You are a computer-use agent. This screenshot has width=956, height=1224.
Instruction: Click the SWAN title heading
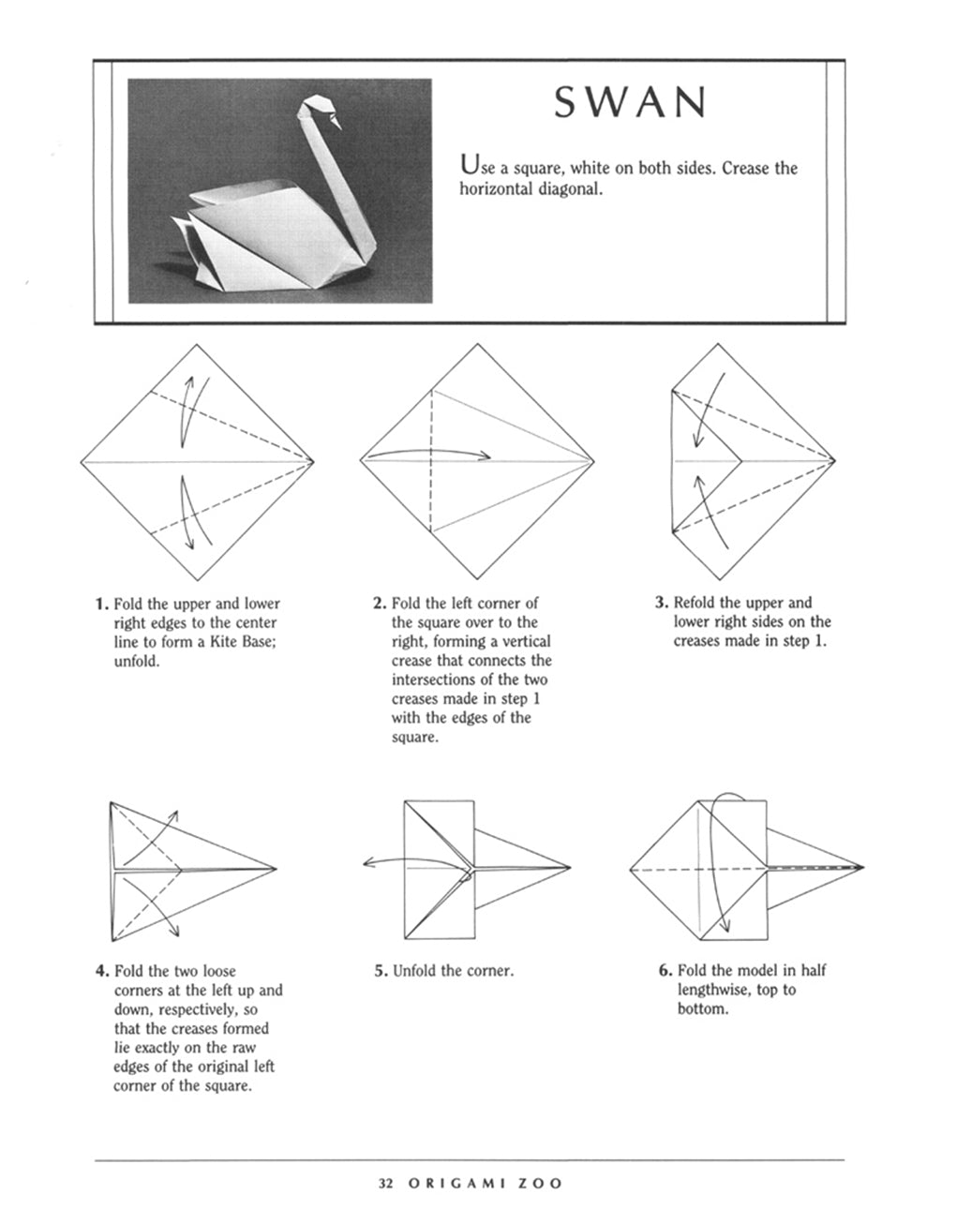tap(628, 102)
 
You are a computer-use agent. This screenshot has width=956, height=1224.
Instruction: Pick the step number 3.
tap(660, 603)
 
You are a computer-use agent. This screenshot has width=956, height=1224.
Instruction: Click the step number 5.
tap(380, 972)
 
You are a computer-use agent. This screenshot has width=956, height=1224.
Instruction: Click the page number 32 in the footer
tap(385, 1184)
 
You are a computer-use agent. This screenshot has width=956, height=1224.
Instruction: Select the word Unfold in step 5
tap(416, 972)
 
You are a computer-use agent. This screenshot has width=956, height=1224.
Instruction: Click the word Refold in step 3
tap(695, 603)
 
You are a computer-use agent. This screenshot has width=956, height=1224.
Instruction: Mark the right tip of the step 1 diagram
tap(313, 462)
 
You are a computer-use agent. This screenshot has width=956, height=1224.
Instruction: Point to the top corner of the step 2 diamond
tap(476, 345)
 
